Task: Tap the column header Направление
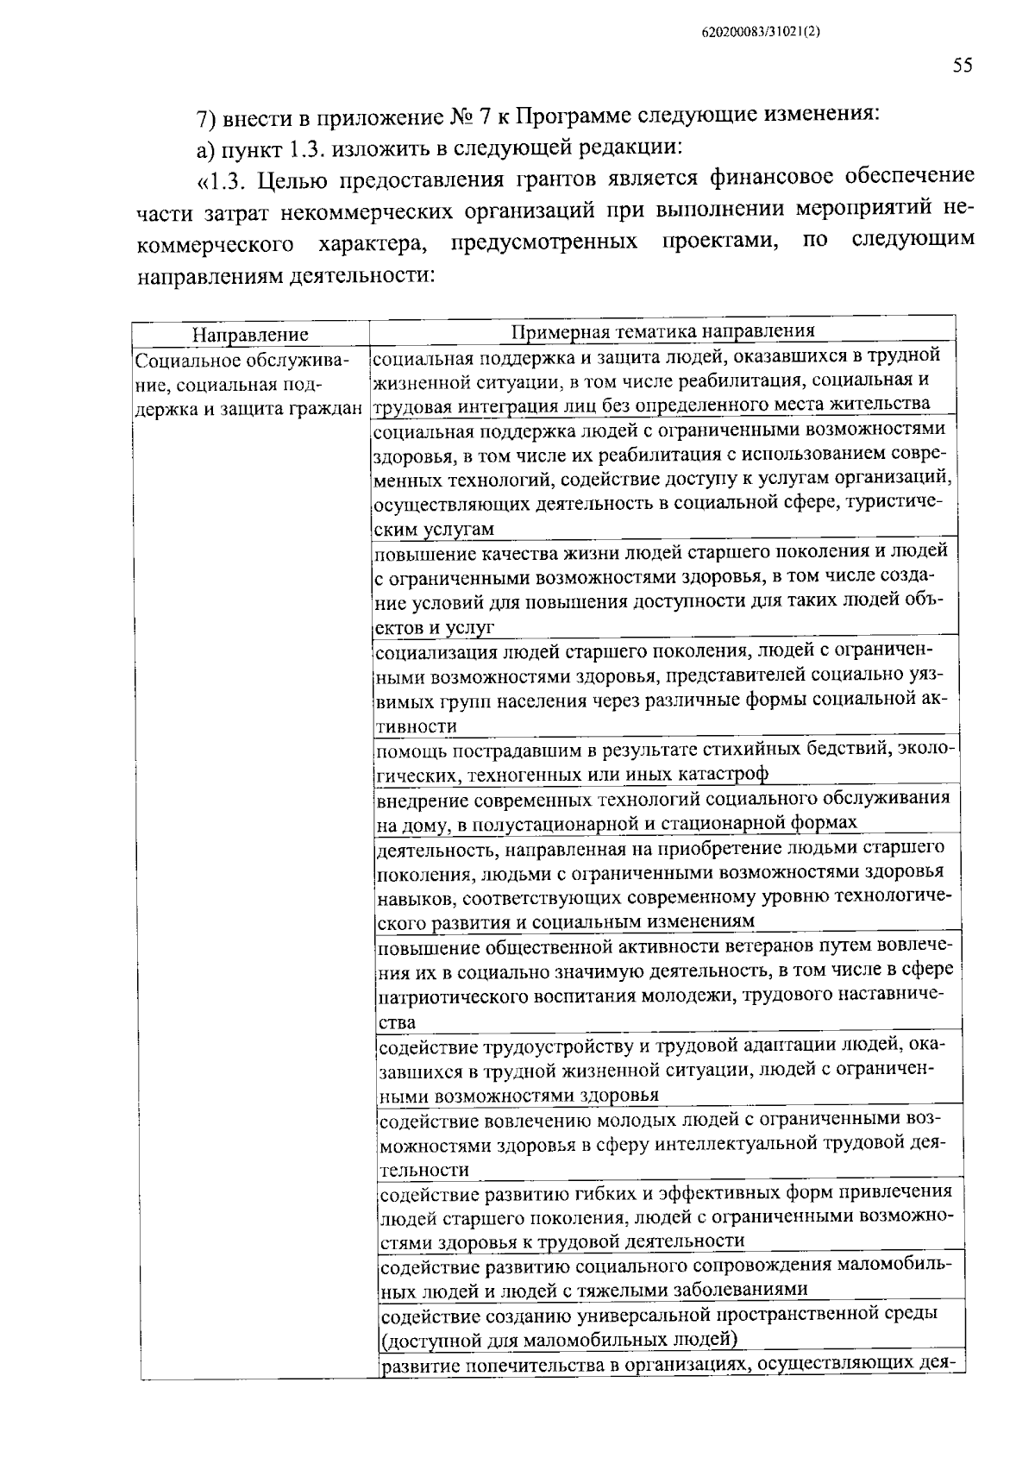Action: [250, 335]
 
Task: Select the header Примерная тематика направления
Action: [662, 331]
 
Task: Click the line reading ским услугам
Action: [436, 529]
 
